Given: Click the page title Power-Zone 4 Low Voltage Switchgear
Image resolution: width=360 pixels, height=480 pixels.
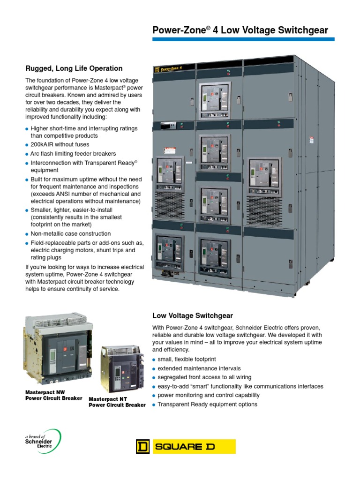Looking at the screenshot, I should tap(240, 31).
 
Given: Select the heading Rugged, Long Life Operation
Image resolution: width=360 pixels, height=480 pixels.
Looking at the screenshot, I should tap(74, 68).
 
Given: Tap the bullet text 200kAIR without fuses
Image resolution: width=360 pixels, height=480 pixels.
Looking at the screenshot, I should tap(60, 145).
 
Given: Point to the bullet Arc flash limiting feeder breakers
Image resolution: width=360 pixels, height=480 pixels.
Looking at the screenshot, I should tap(73, 154).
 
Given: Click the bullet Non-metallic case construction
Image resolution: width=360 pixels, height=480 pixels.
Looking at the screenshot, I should tap(71, 233).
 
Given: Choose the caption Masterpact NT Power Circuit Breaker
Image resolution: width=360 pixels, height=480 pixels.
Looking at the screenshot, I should tap(117, 402).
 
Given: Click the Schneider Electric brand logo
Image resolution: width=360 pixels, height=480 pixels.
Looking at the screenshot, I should tap(43, 441).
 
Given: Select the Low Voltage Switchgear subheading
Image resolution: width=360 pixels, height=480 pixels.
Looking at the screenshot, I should tap(193, 316).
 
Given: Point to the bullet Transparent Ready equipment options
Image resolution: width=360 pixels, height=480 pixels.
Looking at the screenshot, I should tap(207, 404).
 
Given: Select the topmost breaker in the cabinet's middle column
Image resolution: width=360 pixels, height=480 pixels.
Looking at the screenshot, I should tap(214, 100).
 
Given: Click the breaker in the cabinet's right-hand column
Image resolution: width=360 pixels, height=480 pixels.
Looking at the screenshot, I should tap(263, 178).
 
